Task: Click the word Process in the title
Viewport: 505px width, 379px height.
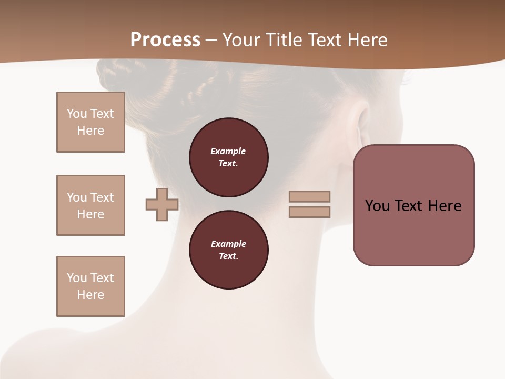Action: coord(165,40)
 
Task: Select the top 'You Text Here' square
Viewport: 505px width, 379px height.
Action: coord(90,122)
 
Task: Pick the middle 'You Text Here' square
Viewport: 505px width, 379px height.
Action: coord(90,205)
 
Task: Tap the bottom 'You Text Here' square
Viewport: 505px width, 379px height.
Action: coord(90,286)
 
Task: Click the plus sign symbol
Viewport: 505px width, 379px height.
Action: coord(162,204)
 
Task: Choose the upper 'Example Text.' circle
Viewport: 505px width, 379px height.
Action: coord(228,157)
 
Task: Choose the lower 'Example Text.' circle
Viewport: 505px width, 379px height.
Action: coord(228,250)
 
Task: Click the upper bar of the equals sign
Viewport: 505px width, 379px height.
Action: coord(309,196)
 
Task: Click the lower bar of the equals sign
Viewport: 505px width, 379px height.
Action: coord(309,212)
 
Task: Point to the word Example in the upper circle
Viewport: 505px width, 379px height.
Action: coord(228,152)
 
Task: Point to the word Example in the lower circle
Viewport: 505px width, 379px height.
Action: coord(228,244)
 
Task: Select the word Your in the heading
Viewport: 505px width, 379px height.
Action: coord(240,40)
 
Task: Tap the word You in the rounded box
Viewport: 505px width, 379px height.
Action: coord(377,206)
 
